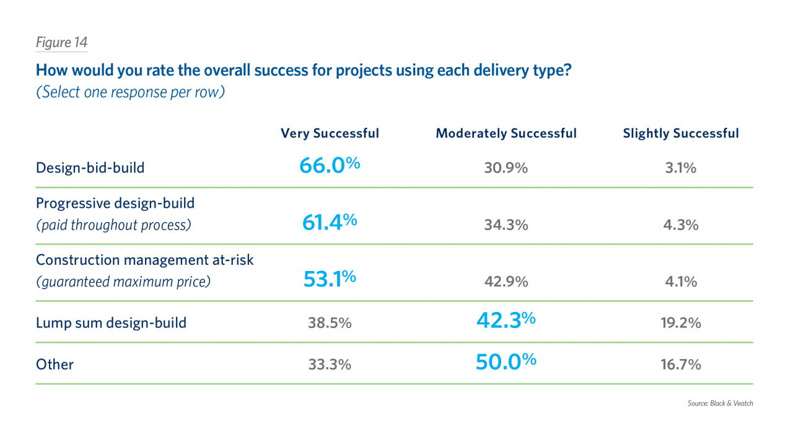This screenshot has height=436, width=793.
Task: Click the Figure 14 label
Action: (x=61, y=43)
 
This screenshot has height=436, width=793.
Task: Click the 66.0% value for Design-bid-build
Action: (x=329, y=166)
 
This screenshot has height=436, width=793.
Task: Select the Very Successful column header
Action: (x=329, y=133)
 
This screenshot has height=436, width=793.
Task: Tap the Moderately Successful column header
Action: (x=506, y=133)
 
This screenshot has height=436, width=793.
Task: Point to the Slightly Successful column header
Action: (x=680, y=133)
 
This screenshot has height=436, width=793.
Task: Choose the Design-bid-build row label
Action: (x=90, y=168)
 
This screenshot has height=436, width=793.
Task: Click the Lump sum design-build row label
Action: (x=111, y=323)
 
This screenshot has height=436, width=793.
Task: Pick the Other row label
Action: (x=55, y=364)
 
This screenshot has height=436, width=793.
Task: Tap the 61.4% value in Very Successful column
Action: (x=329, y=222)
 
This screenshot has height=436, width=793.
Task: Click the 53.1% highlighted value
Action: (x=329, y=278)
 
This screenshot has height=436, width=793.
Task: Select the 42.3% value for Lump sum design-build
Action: (x=506, y=320)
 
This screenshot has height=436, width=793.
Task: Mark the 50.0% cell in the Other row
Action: (x=506, y=362)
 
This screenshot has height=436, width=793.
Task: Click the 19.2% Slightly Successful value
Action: (x=680, y=323)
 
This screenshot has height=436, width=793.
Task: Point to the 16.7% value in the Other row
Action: (x=680, y=365)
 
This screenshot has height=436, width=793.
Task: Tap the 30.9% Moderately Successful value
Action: (x=506, y=168)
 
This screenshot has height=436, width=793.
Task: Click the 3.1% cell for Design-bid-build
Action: (x=680, y=168)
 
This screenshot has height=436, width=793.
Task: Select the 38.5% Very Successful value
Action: (x=329, y=323)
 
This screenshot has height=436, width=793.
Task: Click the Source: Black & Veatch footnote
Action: (x=720, y=403)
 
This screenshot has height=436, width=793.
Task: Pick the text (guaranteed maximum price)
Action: (x=123, y=282)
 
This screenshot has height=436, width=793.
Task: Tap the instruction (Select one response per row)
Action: (x=130, y=92)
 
